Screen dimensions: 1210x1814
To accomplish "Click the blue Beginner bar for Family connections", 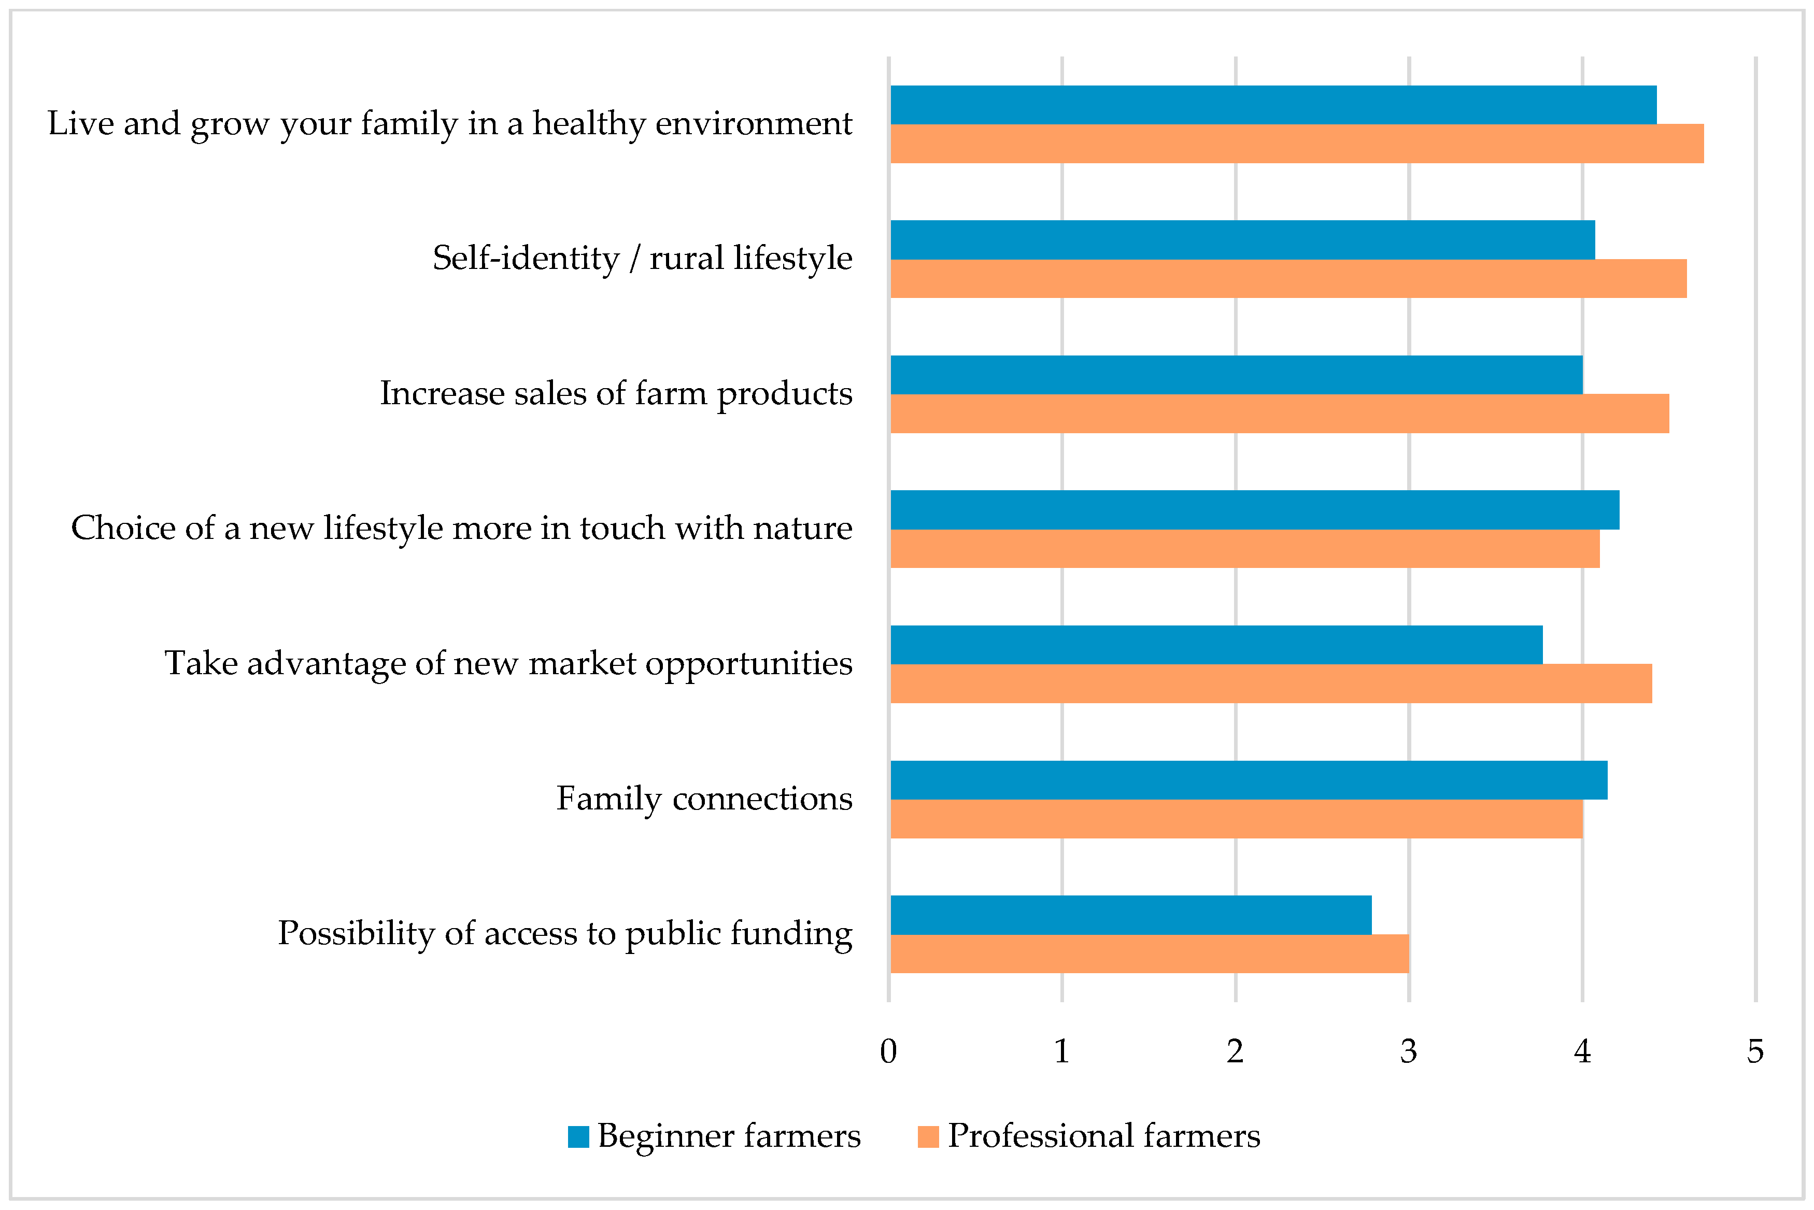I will click(x=1249, y=780).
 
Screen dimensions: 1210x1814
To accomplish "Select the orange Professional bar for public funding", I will click(x=1150, y=954).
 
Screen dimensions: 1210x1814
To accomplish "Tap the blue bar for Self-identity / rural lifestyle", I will click(x=1242, y=240).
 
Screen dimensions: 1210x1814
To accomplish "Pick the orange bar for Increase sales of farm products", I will click(x=1279, y=414).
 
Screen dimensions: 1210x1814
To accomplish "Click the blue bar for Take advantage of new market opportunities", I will click(x=1216, y=645).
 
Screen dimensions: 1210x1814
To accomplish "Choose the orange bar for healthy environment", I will click(x=1296, y=144).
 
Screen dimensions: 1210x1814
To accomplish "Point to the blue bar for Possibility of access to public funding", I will click(x=1130, y=915).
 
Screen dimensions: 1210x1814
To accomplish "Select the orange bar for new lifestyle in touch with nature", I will click(x=1244, y=549).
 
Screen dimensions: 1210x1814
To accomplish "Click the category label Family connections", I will click(x=704, y=799).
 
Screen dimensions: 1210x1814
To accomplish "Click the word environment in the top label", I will click(x=753, y=123).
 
